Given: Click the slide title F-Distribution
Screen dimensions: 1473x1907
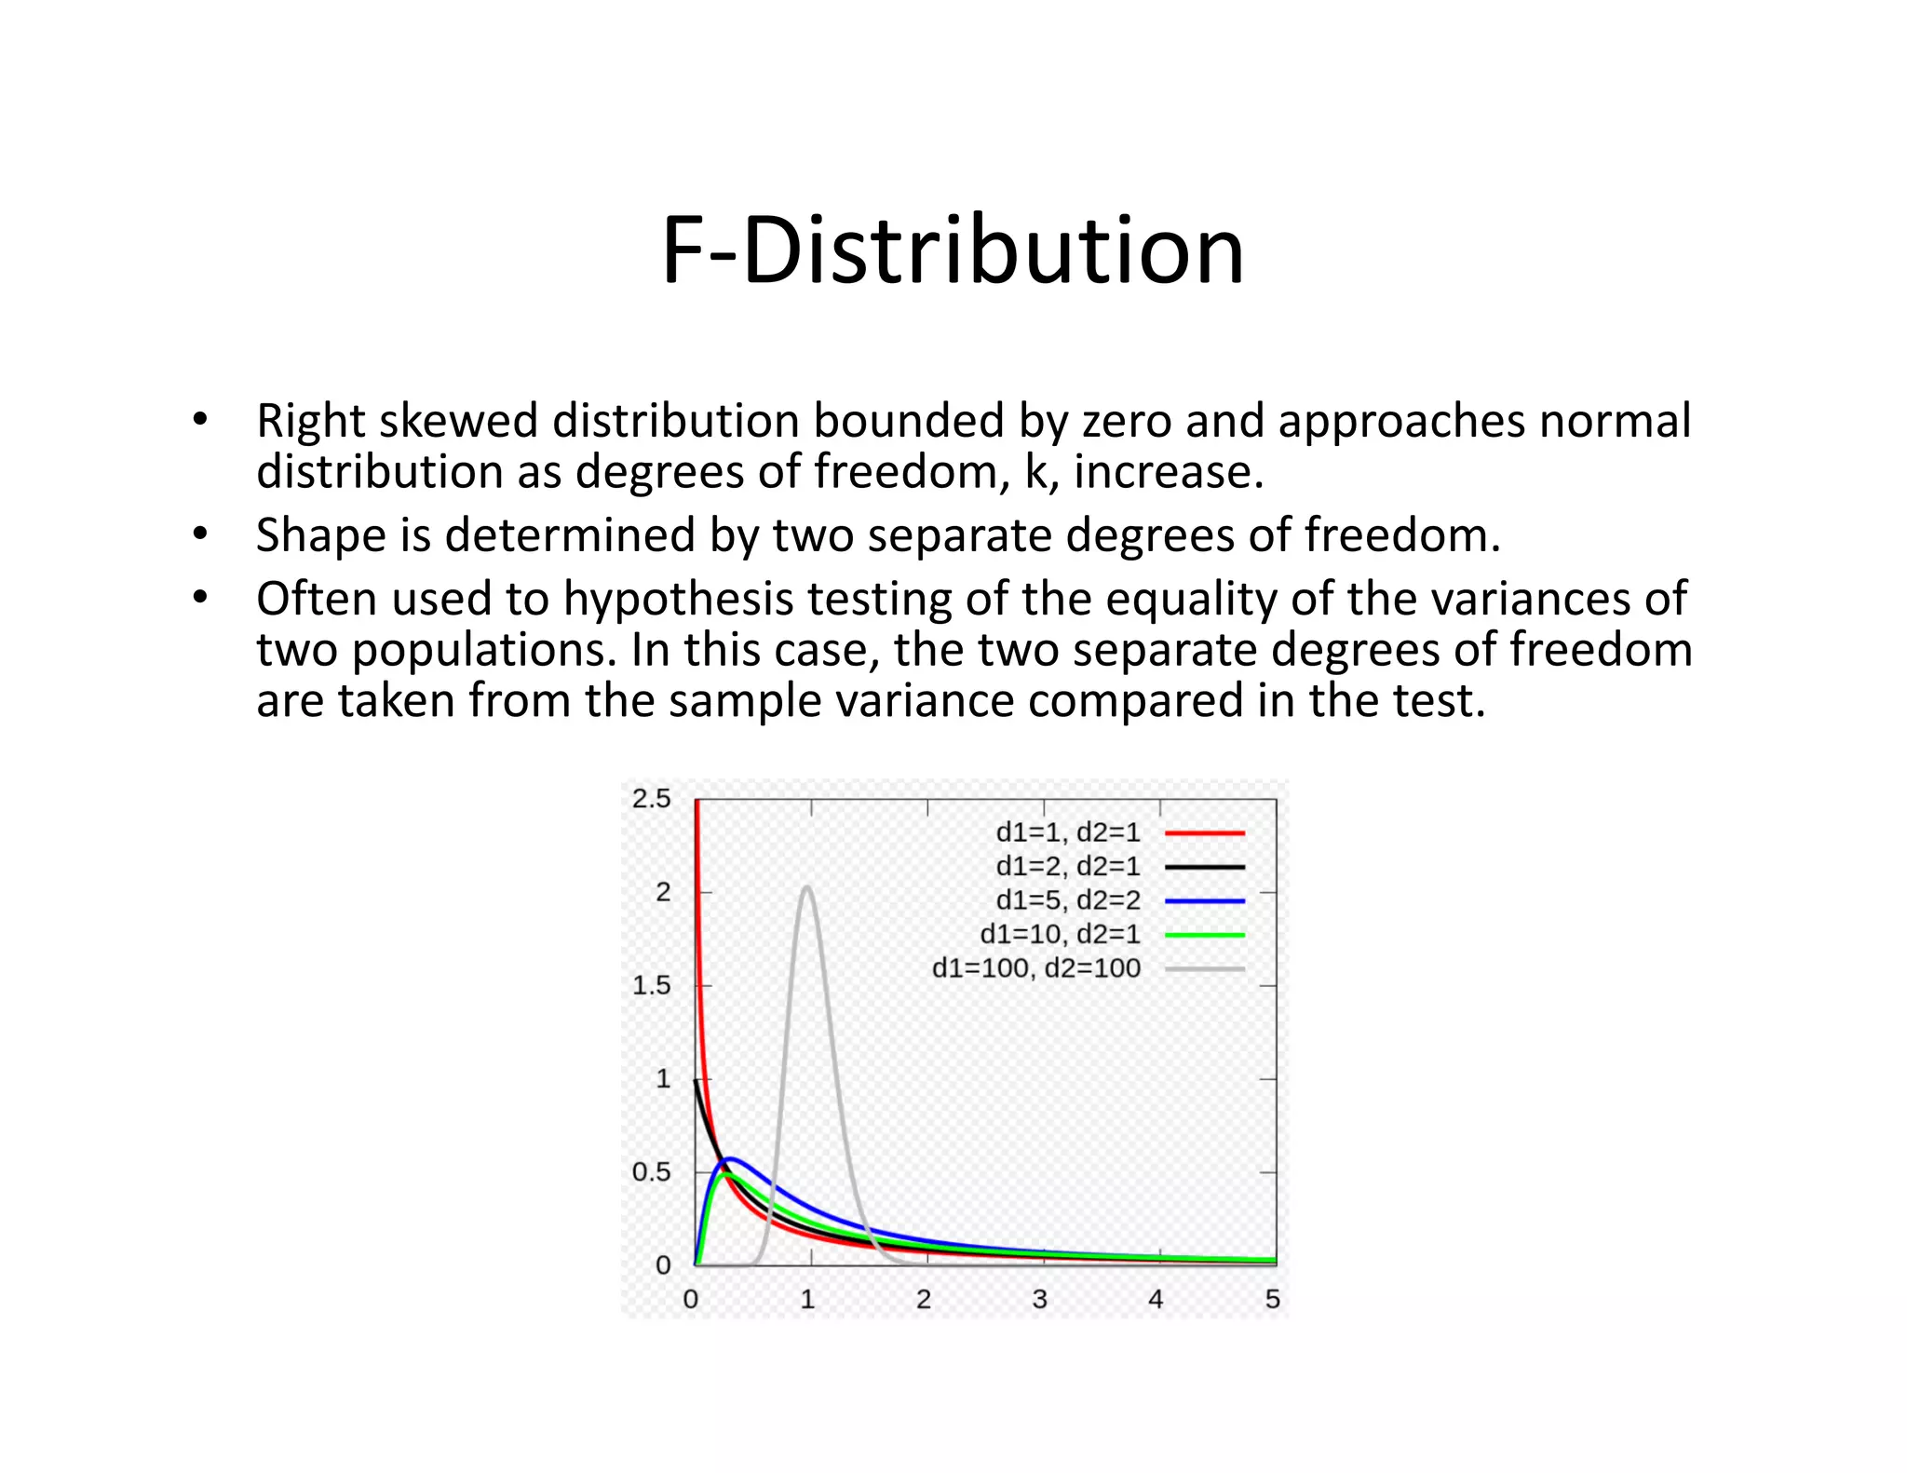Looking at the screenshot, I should (x=953, y=250).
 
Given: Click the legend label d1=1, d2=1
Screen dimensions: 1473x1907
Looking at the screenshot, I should (x=1067, y=832).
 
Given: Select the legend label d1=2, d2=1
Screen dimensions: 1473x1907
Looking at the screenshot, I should (x=1067, y=867).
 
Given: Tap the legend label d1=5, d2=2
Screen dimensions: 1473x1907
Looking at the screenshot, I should (x=1067, y=900).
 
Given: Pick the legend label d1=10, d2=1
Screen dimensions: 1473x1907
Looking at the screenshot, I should (x=1060, y=934).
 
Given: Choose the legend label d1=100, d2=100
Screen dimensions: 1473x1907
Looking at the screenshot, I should (x=1035, y=968).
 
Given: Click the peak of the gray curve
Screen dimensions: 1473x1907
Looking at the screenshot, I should (x=807, y=887).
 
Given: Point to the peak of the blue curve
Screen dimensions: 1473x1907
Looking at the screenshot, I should (x=730, y=1158).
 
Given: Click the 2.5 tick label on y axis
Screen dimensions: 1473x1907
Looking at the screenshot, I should (x=651, y=799).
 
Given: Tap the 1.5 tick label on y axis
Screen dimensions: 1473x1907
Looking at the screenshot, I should (x=651, y=985).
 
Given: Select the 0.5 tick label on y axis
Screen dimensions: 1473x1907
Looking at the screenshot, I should (x=651, y=1172).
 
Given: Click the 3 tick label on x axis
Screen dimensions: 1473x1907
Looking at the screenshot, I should (x=1040, y=1299).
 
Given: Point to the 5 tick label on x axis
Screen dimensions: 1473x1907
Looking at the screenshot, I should (x=1272, y=1299).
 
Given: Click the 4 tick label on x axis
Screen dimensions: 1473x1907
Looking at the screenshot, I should (x=1156, y=1299).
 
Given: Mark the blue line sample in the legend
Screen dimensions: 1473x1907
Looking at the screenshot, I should (x=1204, y=901).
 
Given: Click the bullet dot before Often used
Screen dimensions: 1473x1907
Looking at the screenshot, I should (x=199, y=599).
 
